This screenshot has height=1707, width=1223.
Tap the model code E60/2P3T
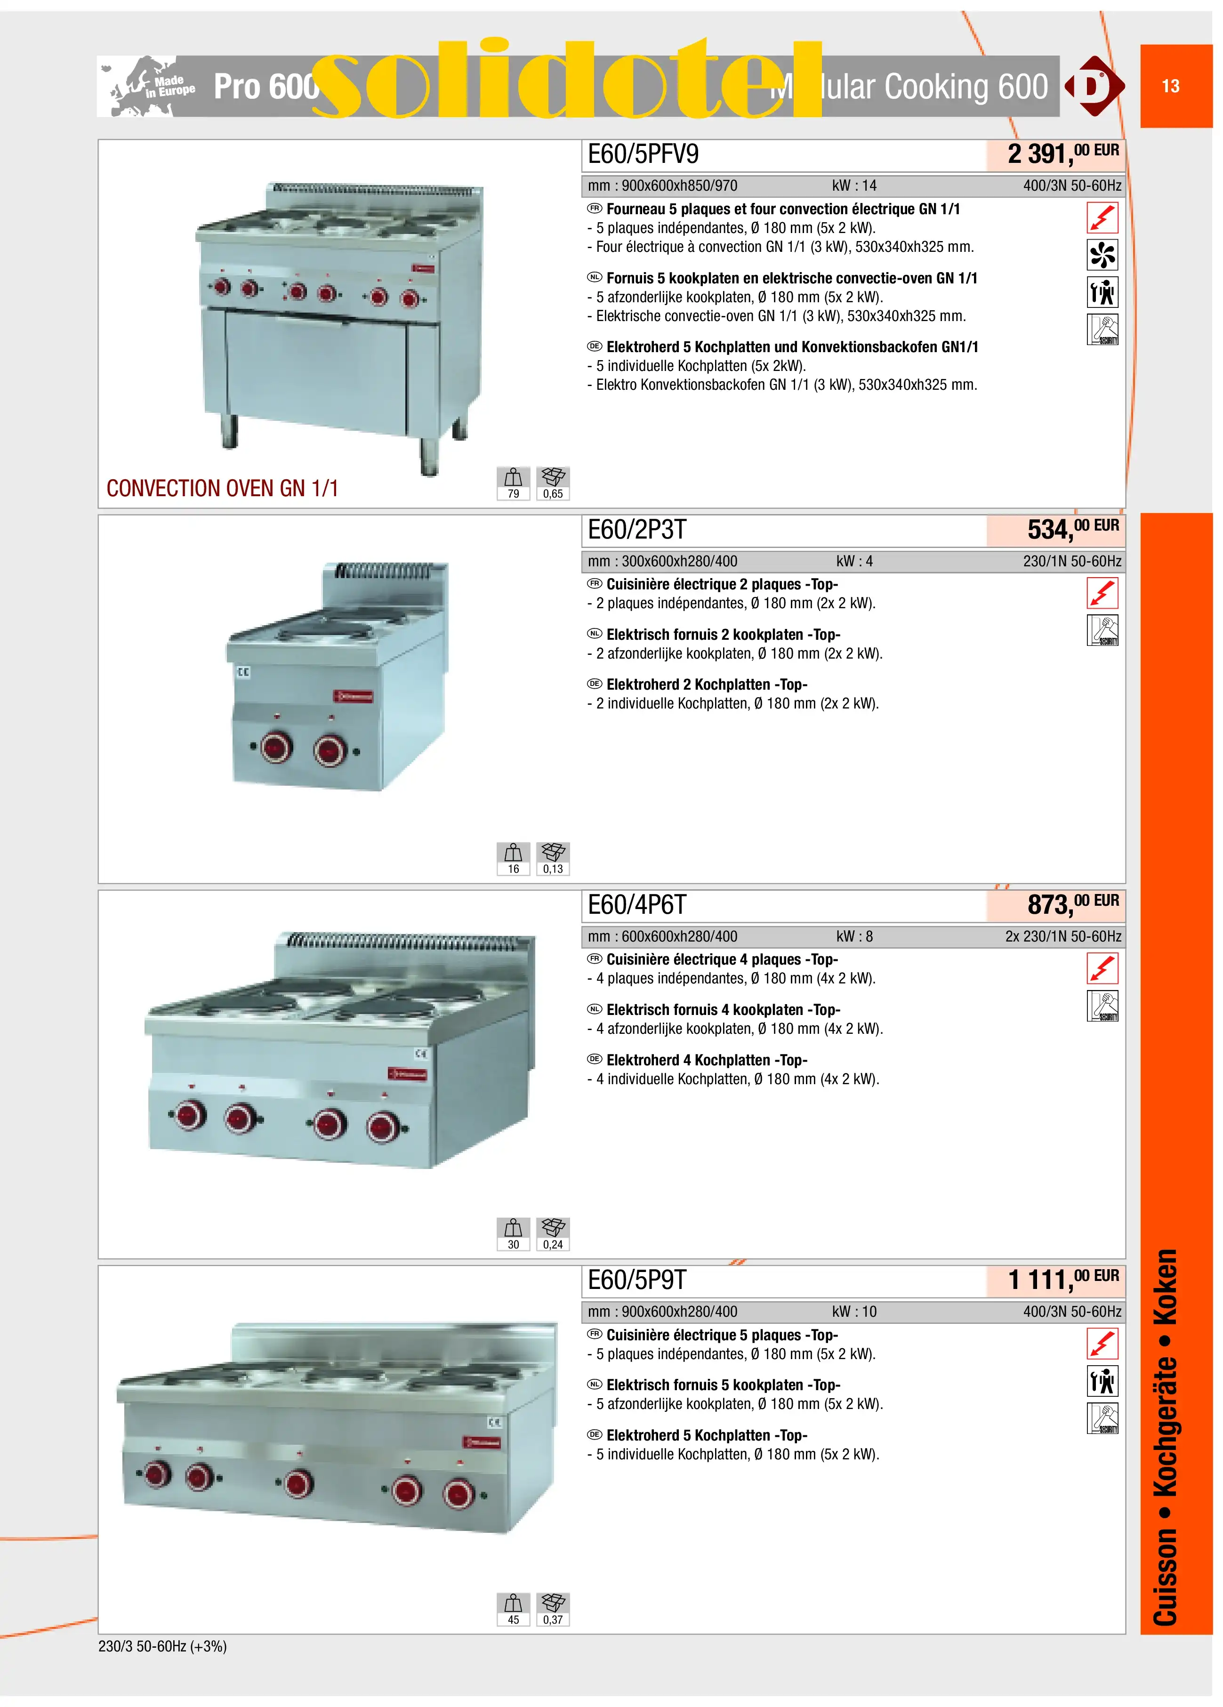tap(637, 530)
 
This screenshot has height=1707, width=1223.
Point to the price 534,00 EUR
tap(1073, 529)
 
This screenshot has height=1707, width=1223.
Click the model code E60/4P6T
tap(637, 905)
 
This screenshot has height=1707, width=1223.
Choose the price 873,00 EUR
tap(1073, 904)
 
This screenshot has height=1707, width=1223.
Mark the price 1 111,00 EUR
tap(1062, 1279)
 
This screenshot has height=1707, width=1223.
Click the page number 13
tap(1170, 86)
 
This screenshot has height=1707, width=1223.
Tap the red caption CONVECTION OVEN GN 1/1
tap(222, 489)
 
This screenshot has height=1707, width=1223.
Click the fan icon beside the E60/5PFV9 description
tap(1102, 254)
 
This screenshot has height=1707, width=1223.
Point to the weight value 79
tap(513, 494)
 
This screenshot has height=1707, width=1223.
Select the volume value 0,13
tap(553, 869)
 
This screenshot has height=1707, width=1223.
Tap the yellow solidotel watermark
tap(566, 79)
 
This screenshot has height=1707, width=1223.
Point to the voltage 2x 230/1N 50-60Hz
tap(1062, 936)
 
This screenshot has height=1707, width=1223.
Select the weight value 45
tap(513, 1620)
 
